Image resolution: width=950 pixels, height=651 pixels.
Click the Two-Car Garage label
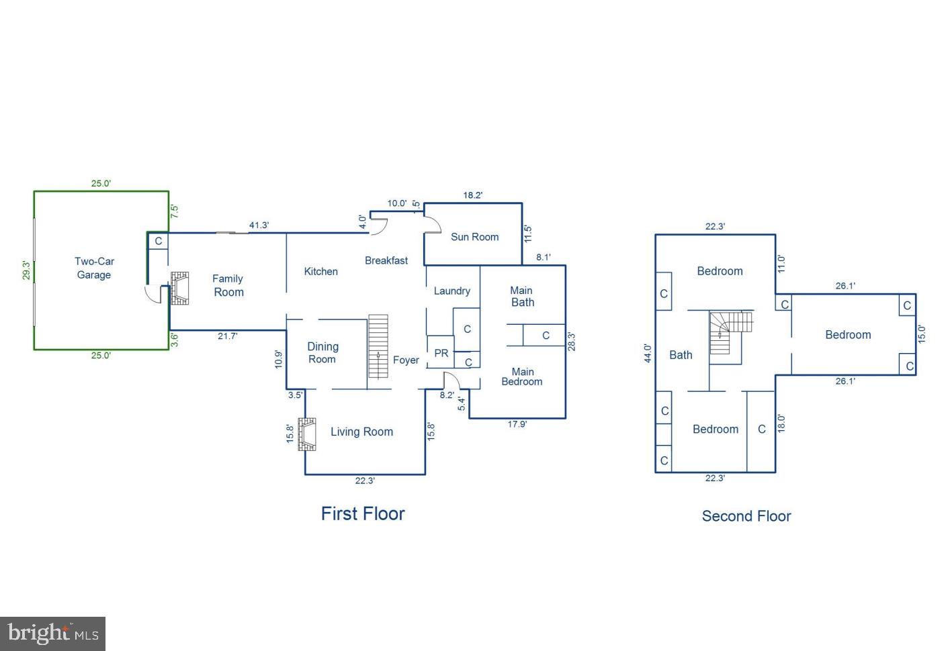click(x=95, y=268)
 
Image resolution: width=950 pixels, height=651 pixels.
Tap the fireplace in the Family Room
click(x=179, y=289)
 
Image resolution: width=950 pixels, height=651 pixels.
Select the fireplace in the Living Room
click(x=306, y=434)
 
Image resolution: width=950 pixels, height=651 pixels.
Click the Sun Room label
click(x=474, y=237)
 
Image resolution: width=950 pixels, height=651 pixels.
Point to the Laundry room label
click(x=451, y=291)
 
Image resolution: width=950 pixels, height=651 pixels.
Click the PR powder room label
click(x=441, y=353)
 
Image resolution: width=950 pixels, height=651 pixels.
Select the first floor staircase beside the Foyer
click(x=378, y=346)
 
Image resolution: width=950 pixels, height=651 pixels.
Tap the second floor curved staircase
click(x=731, y=332)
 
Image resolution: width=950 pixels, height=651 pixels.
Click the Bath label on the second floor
click(x=681, y=355)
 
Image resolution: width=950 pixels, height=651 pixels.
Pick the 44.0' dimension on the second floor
click(x=648, y=353)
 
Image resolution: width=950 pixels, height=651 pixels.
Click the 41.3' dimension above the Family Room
click(x=259, y=226)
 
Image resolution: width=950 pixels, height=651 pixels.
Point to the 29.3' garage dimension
click(x=26, y=270)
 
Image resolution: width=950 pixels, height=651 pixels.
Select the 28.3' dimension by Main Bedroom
click(x=572, y=342)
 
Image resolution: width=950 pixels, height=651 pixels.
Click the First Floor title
click(x=363, y=514)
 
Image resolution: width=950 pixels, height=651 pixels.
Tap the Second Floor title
click(x=746, y=516)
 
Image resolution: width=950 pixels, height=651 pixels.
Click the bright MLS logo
click(x=52, y=634)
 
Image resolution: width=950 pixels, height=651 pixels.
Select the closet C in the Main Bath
click(x=546, y=336)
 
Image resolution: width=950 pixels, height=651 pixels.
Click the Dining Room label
click(x=322, y=353)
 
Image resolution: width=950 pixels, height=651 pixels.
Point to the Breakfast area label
click(x=386, y=260)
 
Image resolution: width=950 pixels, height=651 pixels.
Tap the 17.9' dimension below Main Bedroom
click(x=517, y=424)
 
